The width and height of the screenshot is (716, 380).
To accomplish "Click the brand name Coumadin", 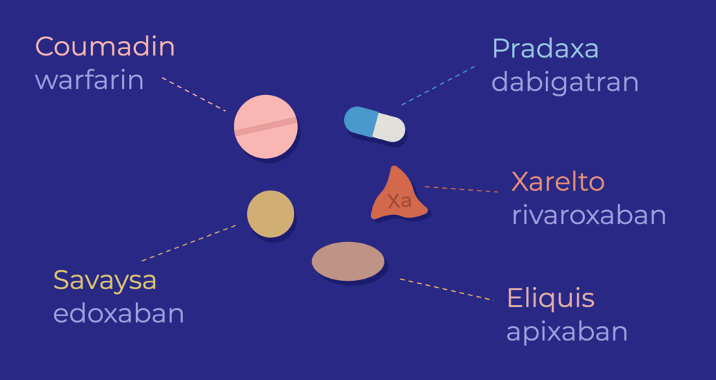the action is (105, 47).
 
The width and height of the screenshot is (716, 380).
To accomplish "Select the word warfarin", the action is (89, 80).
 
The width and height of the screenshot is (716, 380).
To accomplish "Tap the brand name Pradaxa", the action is (545, 49).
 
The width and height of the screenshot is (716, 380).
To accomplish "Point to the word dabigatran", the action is (565, 82).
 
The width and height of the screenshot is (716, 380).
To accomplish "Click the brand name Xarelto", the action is (558, 182).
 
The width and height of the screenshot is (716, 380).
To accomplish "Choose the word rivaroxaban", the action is (588, 215).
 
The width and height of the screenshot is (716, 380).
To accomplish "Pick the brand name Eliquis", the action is (550, 299).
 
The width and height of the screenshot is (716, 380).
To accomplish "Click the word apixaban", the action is (567, 331).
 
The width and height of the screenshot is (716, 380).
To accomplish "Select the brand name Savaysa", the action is (105, 281).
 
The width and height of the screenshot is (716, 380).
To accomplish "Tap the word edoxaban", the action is (119, 314).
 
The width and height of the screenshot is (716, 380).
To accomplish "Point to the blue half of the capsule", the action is (359, 121).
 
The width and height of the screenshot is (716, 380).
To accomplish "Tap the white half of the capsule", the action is (389, 128).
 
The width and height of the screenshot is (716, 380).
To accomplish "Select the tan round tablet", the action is (271, 214).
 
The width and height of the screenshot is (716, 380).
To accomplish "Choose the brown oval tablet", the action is (348, 261).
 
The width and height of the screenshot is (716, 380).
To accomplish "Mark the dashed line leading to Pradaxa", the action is (438, 86).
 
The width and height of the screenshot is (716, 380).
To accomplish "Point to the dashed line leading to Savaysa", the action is (188, 243).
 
